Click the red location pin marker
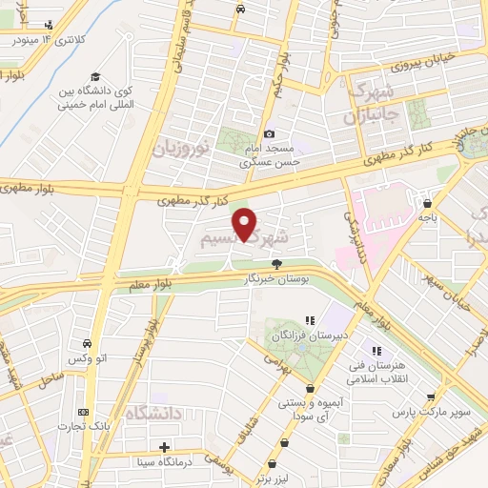[x=246, y=224]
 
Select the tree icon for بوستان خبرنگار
[x=277, y=264]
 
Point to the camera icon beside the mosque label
[x=270, y=134]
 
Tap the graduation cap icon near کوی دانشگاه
[x=95, y=77]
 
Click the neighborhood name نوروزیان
[x=179, y=149]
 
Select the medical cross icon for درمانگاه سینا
[x=165, y=446]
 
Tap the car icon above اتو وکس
[x=87, y=343]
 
